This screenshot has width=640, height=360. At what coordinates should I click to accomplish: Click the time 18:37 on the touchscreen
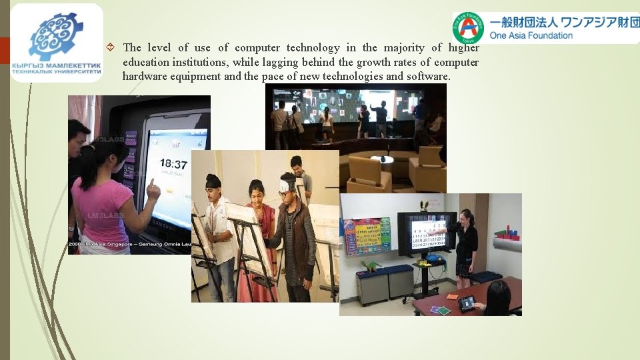point(174,163)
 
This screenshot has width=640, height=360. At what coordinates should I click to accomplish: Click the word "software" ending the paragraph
point(428,76)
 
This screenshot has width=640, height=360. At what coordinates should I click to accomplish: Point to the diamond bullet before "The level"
point(111,47)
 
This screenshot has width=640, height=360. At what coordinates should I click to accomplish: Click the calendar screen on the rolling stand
point(427,234)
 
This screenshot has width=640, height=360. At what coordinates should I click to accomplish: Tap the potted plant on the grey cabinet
point(369,267)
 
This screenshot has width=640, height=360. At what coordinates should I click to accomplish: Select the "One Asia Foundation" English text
point(531,35)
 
